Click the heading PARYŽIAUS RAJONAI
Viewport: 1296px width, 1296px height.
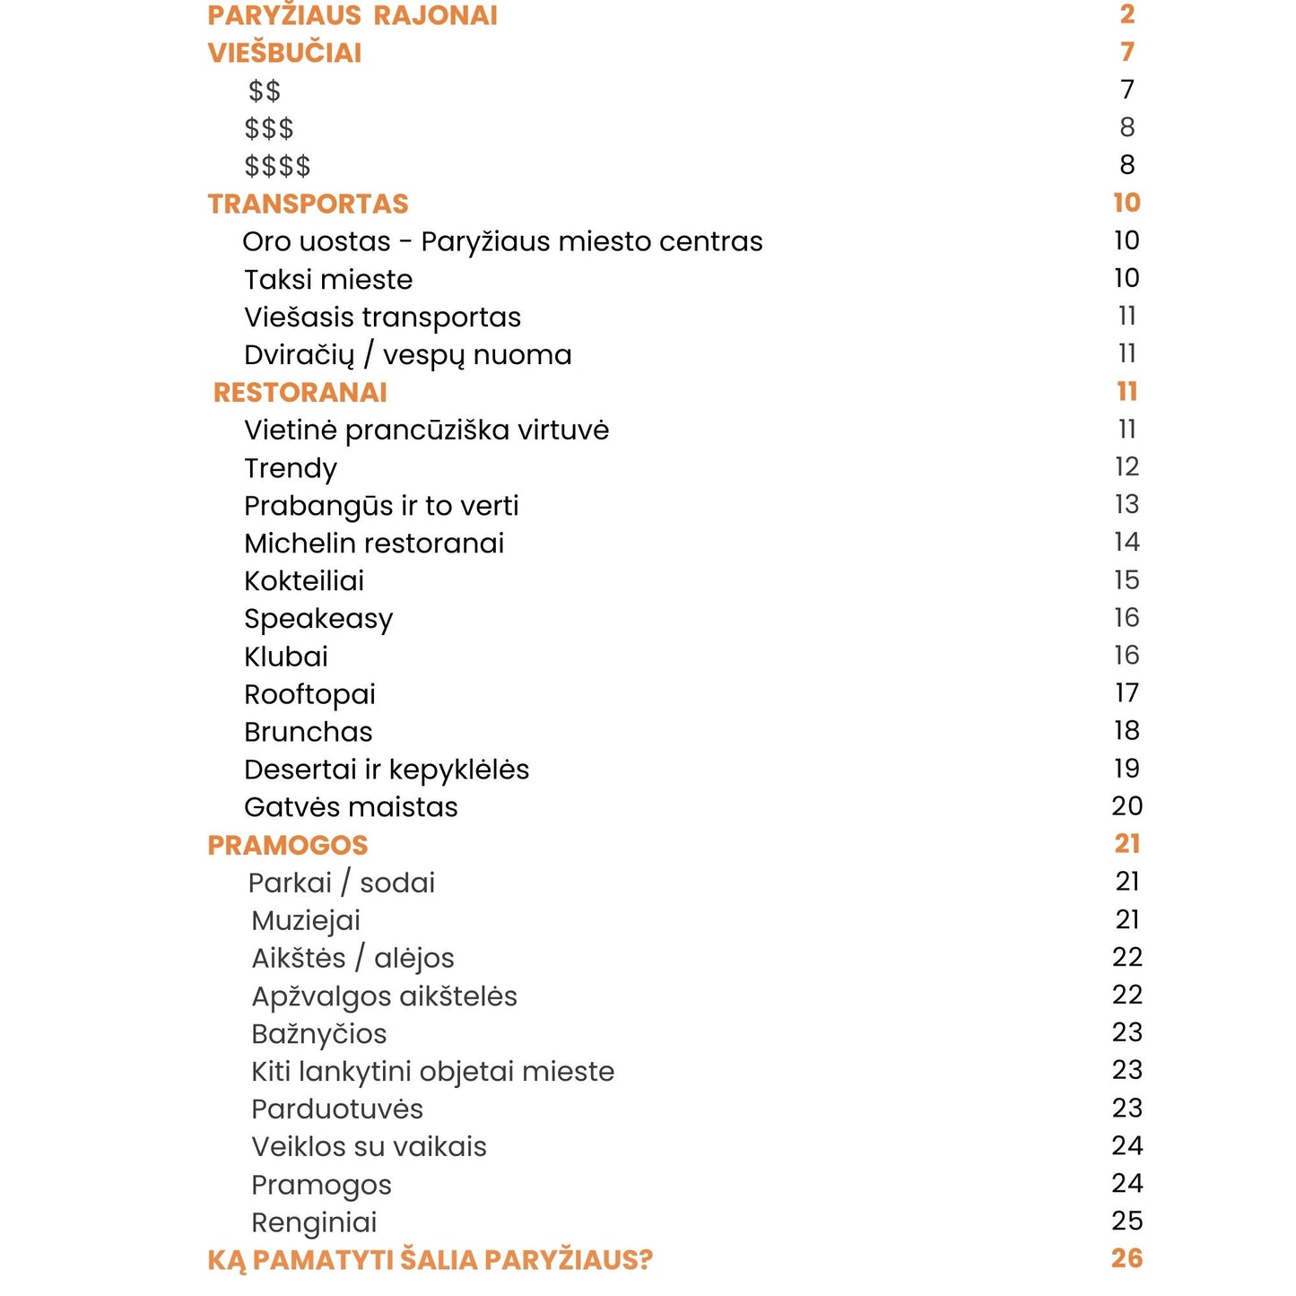pyautogui.click(x=352, y=15)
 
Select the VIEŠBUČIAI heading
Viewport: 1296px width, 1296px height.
pyautogui.click(x=284, y=53)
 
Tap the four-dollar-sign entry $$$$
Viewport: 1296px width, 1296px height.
pyautogui.click(x=277, y=166)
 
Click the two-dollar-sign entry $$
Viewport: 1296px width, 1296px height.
pyautogui.click(x=265, y=91)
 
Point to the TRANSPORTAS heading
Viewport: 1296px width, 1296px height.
pyautogui.click(x=308, y=204)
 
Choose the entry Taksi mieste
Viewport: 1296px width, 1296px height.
pyautogui.click(x=328, y=280)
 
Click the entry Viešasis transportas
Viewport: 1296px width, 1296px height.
pyautogui.click(x=382, y=317)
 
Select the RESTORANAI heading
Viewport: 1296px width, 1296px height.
pyautogui.click(x=300, y=392)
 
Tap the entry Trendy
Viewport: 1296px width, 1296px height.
pyautogui.click(x=291, y=468)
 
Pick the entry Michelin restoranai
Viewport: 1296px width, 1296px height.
pyautogui.click(x=374, y=544)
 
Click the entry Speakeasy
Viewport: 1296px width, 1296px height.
pyautogui.click(x=318, y=619)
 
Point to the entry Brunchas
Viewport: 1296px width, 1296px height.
pyautogui.click(x=308, y=732)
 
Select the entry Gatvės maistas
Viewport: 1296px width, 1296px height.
pyautogui.click(x=351, y=807)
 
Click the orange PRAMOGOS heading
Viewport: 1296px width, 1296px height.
pyautogui.click(x=287, y=845)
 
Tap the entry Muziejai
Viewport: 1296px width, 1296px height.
pyautogui.click(x=306, y=920)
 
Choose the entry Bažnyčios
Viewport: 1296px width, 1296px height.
pyautogui.click(x=318, y=1034)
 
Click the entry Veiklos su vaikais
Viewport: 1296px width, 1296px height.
pyautogui.click(x=369, y=1147)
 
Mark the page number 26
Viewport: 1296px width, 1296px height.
pyautogui.click(x=1126, y=1258)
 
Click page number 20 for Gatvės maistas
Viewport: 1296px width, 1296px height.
pyautogui.click(x=1126, y=806)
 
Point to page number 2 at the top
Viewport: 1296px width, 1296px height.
pyautogui.click(x=1127, y=14)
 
